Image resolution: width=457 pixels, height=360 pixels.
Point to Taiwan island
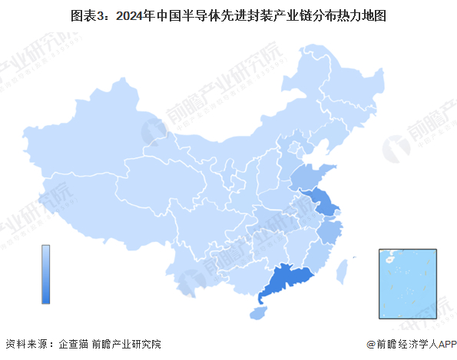(x=344, y=269)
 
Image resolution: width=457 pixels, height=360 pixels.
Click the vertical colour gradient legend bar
(x=46, y=274)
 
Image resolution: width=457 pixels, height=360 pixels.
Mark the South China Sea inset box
(x=407, y=282)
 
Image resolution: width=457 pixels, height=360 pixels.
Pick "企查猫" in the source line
(x=73, y=345)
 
